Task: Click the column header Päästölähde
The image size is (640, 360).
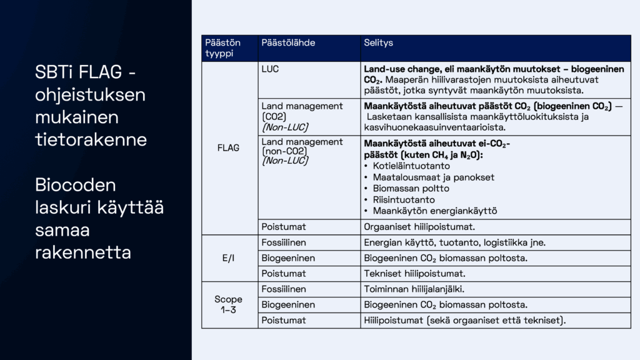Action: click(x=288, y=43)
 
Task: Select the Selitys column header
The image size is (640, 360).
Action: click(x=378, y=43)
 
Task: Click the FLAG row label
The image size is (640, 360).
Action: click(x=227, y=149)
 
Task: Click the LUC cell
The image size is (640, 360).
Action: click(x=270, y=69)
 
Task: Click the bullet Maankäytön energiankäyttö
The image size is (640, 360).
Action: click(x=434, y=211)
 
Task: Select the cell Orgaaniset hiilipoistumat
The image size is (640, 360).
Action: click(x=414, y=227)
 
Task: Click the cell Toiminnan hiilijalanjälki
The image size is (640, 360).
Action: click(x=413, y=289)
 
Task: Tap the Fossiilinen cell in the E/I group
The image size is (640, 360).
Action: click(x=284, y=242)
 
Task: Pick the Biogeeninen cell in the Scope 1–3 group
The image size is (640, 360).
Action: click(x=288, y=305)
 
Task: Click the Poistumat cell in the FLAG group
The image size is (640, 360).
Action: click(x=284, y=227)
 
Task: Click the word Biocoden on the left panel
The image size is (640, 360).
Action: click(x=75, y=185)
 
